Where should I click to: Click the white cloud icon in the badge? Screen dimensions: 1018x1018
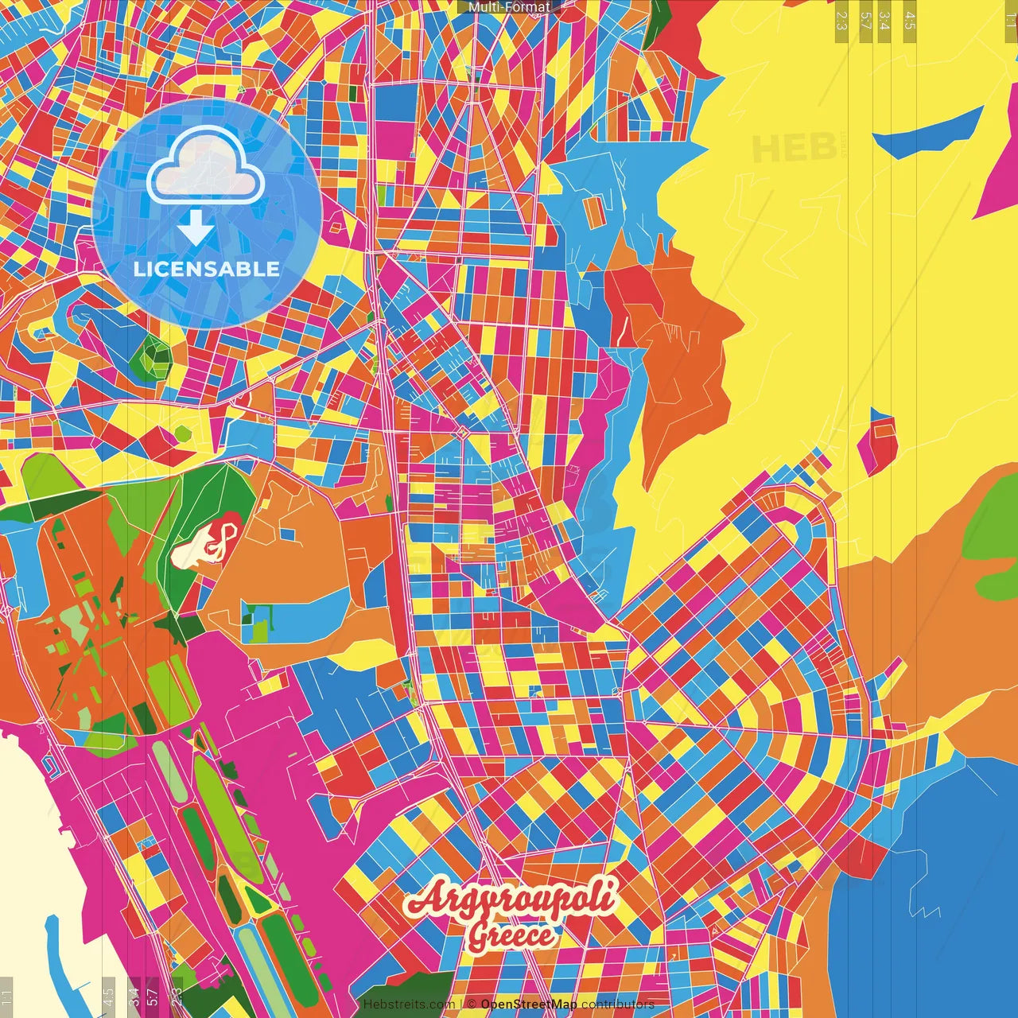pyautogui.click(x=205, y=165)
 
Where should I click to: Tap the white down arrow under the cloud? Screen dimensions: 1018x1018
pyautogui.click(x=196, y=228)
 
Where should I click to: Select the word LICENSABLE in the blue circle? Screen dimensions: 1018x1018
pyautogui.click(x=207, y=269)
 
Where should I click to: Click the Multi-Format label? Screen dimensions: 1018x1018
pyautogui.click(x=509, y=7)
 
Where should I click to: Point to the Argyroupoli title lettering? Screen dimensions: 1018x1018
pyautogui.click(x=510, y=899)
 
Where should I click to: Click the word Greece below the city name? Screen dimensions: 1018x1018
pyautogui.click(x=510, y=936)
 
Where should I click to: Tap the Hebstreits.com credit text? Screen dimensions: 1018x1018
pyautogui.click(x=409, y=1004)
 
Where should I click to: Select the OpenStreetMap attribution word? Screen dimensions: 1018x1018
pyautogui.click(x=528, y=1004)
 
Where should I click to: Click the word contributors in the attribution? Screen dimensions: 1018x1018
pyautogui.click(x=617, y=1004)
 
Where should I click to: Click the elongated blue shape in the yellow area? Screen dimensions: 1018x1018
pyautogui.click(x=931, y=132)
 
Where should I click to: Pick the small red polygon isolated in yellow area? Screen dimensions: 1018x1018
pyautogui.click(x=878, y=441)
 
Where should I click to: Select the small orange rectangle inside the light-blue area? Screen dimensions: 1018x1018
pyautogui.click(x=593, y=212)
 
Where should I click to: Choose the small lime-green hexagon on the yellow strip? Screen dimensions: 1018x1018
pyautogui.click(x=183, y=433)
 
